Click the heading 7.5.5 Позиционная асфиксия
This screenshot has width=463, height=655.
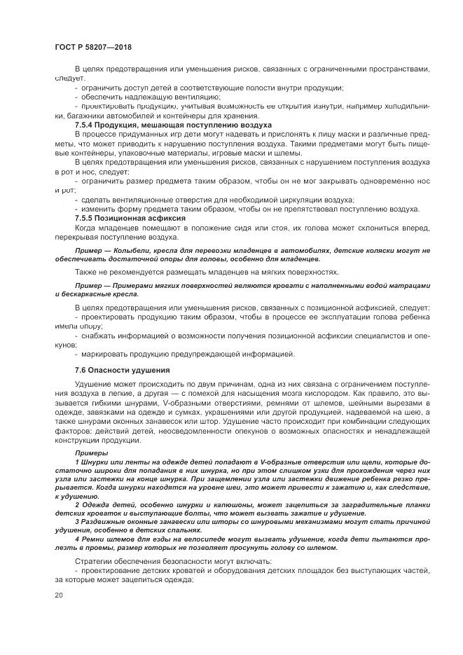(130, 219)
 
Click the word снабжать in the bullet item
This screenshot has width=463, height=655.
(99, 336)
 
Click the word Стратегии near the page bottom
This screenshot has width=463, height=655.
(95, 561)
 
